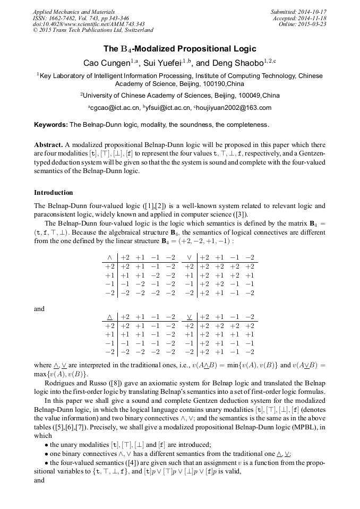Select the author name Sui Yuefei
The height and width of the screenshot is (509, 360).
click(x=163, y=63)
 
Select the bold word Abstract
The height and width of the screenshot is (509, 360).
click(x=48, y=145)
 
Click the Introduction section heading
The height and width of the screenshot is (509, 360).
click(x=54, y=193)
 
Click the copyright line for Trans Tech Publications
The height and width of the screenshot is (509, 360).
click(x=93, y=30)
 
